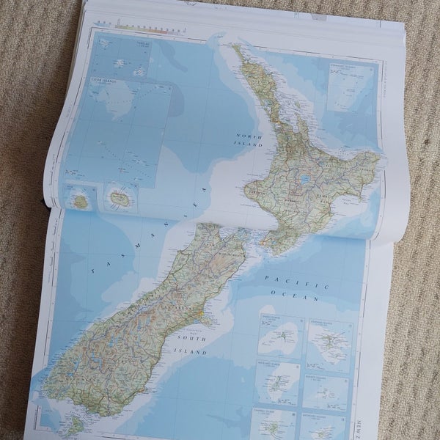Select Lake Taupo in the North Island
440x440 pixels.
[x=303, y=178]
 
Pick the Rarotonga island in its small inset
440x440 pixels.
[x=118, y=198]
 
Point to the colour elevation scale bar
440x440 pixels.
[x=147, y=27]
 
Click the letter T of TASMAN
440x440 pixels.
[x=92, y=271]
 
